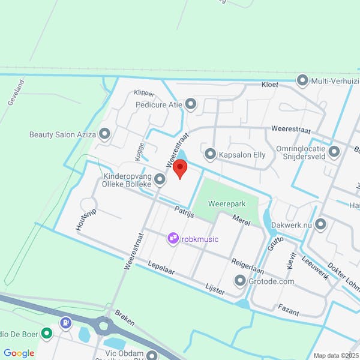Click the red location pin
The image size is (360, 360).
coord(180,170)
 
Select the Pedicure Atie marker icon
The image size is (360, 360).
coord(191,105)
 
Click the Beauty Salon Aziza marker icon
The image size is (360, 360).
coord(105,134)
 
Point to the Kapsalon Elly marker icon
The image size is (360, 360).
coord(210,154)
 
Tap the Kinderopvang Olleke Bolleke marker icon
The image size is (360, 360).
coord(160,179)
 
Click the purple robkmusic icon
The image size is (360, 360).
coord(173,239)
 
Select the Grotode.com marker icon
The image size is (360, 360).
coord(241,280)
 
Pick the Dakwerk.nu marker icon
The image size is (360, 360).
coord(320,224)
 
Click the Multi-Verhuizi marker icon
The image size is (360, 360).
coord(302,80)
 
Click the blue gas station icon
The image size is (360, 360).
coord(64,331)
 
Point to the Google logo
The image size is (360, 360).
coord(19,353)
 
